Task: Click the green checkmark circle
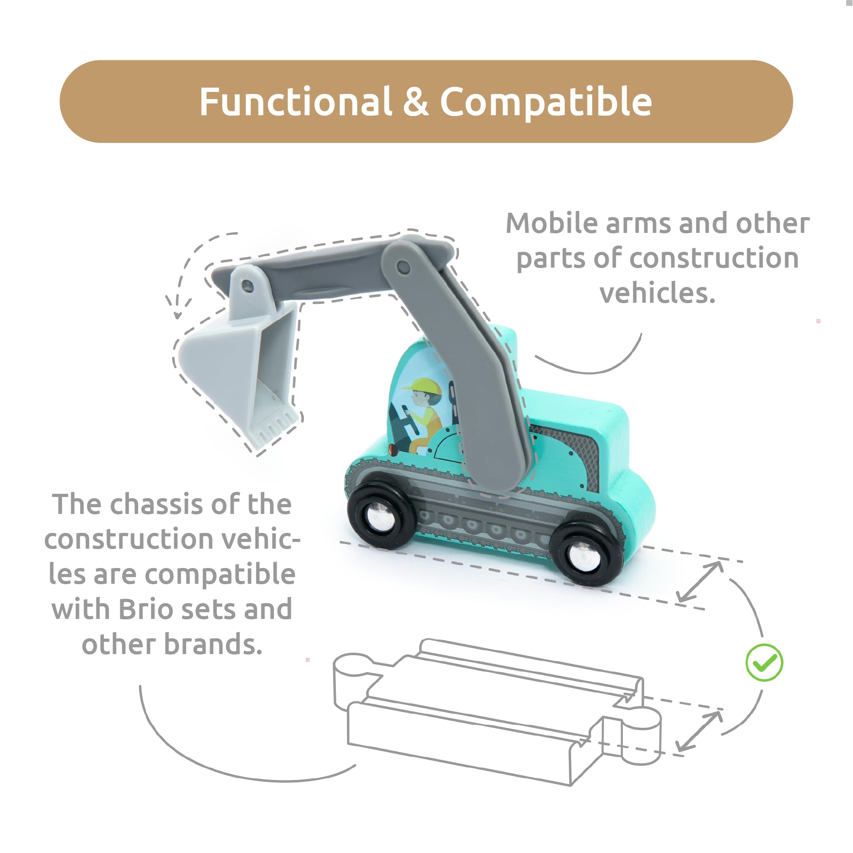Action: [764, 663]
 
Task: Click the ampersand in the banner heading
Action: [416, 102]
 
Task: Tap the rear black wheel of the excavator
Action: [586, 555]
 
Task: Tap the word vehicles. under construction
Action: [657, 293]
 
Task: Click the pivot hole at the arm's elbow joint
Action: [403, 267]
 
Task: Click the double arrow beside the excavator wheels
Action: [700, 581]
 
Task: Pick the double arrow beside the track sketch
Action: [699, 731]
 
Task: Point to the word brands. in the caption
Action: [213, 644]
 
